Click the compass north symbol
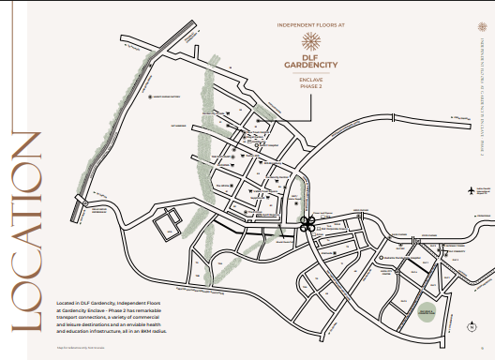point(470,326)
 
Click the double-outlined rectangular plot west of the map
point(168,223)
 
